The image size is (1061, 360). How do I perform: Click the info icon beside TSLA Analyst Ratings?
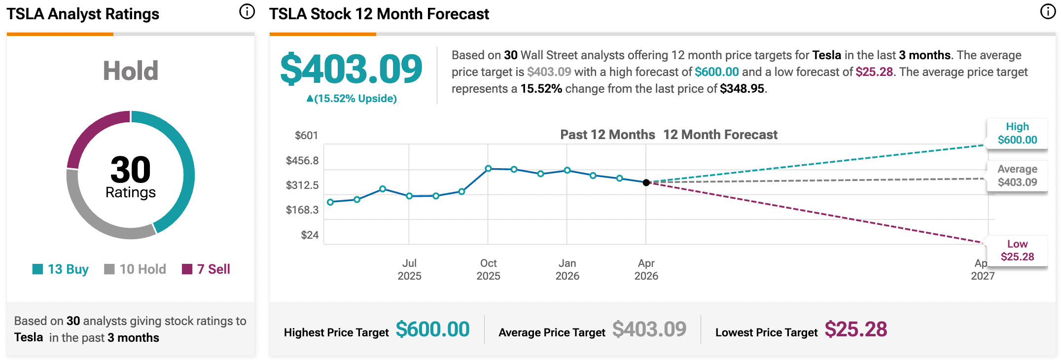247,12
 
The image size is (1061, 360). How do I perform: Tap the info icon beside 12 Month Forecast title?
1048,12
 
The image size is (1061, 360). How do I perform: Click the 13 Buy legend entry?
61,269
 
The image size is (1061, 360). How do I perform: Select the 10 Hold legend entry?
135,269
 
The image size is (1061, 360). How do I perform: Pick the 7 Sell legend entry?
206,269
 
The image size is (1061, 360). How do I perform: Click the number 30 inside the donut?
130,170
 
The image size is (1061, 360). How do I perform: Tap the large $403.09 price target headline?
351,69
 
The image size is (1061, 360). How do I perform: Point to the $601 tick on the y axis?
306,136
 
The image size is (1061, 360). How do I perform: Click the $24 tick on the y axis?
310,235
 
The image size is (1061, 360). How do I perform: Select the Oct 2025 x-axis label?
488,269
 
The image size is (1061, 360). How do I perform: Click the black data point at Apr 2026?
646,182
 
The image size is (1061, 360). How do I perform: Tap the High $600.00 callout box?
1017,133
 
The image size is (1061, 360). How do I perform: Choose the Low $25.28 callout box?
1017,251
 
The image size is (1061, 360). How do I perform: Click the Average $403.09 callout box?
1017,176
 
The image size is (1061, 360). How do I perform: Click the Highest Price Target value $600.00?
432,329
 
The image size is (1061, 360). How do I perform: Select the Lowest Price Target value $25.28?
855,329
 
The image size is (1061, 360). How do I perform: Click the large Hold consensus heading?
130,71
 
